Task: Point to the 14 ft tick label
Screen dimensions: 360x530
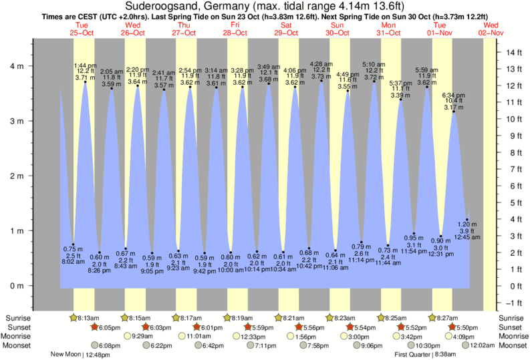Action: pyautogui.click(x=513, y=52)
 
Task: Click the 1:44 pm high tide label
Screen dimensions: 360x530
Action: pyautogui.click(x=86, y=65)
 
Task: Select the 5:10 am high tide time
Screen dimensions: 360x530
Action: pyautogui.click(x=374, y=64)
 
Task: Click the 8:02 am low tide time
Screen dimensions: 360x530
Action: pyautogui.click(x=72, y=262)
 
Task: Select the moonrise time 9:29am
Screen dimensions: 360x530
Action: pyautogui.click(x=144, y=337)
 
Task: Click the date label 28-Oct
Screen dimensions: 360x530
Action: pyautogui.click(x=235, y=32)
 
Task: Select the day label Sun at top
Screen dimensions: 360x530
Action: pyautogui.click(x=338, y=25)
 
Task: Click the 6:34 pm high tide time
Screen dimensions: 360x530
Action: pyautogui.click(x=454, y=95)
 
